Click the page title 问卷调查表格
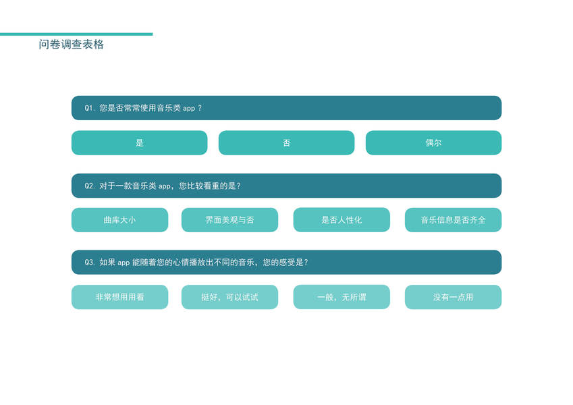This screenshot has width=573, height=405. [x=72, y=45]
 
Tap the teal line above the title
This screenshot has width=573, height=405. [x=76, y=34]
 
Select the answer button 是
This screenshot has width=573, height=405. [x=139, y=143]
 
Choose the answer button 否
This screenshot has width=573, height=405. [x=286, y=143]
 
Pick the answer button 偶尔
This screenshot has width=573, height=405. [x=433, y=143]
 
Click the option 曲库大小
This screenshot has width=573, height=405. [x=119, y=220]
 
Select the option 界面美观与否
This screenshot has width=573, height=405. [x=229, y=220]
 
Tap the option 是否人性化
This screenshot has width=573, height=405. [x=342, y=220]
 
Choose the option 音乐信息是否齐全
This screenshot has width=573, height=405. [x=453, y=220]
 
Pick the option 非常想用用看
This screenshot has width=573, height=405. [x=119, y=297]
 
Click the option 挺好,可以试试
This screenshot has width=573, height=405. [x=229, y=297]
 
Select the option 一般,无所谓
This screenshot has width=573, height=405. [x=342, y=297]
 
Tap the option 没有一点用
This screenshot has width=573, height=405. [x=453, y=297]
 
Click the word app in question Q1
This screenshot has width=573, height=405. [x=189, y=109]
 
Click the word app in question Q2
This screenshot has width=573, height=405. [x=165, y=186]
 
